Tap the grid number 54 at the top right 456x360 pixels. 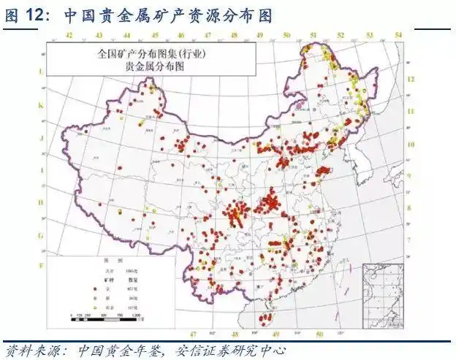[398, 35]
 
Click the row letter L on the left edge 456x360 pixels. [41, 72]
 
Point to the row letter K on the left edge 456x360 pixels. [41, 104]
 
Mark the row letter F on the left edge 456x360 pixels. [41, 264]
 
